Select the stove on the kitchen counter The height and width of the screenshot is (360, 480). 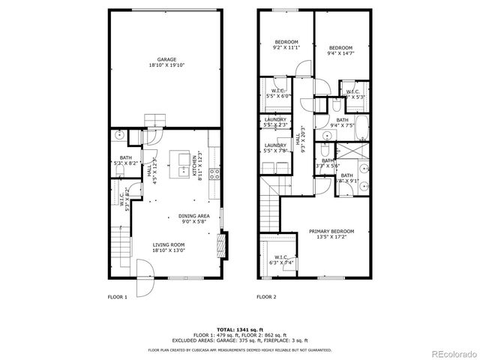(214, 173)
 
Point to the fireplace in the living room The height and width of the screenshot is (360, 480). (220, 244)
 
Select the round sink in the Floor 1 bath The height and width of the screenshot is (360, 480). (119, 137)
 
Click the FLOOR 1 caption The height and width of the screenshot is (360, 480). (118, 298)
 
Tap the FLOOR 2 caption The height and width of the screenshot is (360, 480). (267, 298)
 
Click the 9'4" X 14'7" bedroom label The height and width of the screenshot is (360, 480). (340, 50)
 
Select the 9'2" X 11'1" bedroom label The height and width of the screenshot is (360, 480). (286, 44)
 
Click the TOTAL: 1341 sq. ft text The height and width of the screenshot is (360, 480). (240, 329)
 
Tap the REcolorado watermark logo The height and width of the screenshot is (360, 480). (451, 352)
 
